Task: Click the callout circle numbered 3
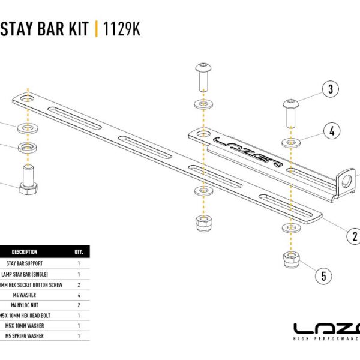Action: (329, 91)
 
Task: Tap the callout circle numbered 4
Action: (331, 131)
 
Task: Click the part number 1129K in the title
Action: (122, 28)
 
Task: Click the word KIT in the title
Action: (77, 28)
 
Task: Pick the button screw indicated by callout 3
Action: (292, 112)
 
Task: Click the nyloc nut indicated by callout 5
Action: (292, 261)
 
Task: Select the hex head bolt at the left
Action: (28, 180)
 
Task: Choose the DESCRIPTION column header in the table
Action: (25, 252)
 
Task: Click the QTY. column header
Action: (79, 252)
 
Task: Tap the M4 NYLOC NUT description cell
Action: (24, 305)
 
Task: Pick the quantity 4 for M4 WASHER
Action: (79, 295)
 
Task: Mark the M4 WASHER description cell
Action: (26, 295)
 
